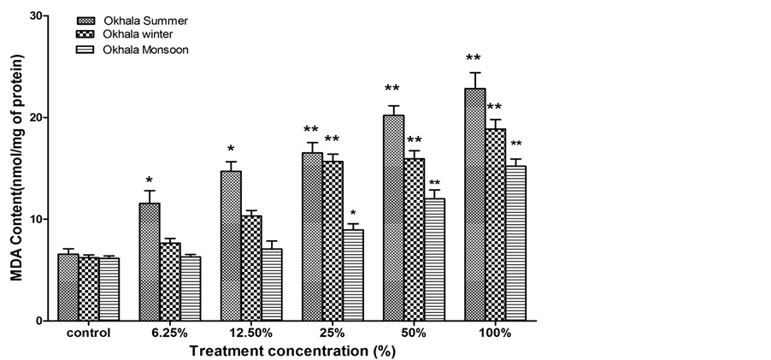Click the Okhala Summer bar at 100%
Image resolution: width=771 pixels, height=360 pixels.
point(474,205)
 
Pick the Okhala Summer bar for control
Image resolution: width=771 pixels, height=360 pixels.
point(68,287)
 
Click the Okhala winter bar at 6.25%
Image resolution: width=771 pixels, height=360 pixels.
point(170,282)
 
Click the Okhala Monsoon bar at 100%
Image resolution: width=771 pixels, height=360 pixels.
point(515,244)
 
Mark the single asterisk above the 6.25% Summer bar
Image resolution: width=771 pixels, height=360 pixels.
point(150,180)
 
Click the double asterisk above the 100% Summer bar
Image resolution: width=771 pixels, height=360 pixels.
point(474,59)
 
